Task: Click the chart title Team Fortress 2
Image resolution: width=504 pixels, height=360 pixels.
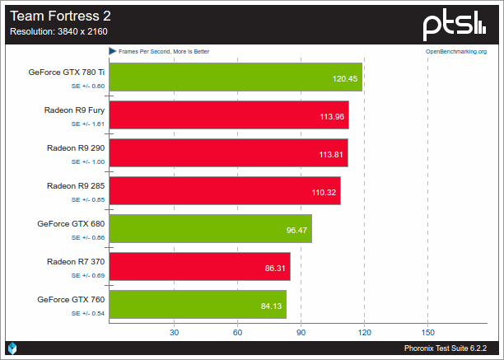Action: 59,15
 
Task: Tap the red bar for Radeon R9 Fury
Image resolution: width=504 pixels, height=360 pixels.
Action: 228,115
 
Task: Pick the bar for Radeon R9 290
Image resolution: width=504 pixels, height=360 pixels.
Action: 228,153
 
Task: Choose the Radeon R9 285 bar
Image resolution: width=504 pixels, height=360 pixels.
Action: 224,191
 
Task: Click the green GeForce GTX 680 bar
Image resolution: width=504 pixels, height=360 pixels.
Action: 210,229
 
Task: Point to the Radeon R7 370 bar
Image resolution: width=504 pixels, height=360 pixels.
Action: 199,267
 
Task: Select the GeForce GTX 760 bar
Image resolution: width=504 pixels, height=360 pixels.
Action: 197,305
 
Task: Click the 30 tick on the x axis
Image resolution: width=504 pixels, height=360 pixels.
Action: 174,333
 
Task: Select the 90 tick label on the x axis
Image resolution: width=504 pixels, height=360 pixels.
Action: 301,333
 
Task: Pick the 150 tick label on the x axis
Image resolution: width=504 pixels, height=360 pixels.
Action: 427,333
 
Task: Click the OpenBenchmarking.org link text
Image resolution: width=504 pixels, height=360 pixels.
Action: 455,51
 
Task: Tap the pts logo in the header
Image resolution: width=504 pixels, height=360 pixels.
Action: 460,26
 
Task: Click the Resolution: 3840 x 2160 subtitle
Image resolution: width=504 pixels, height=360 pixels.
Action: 58,32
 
